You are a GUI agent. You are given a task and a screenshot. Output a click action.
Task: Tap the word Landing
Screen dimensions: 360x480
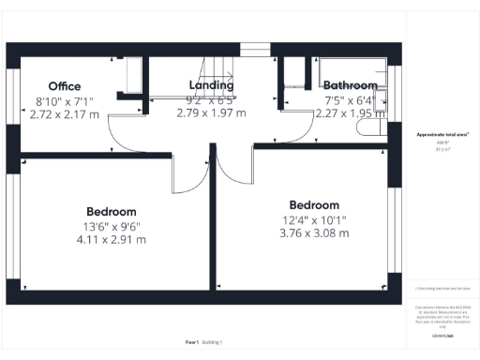(x=211, y=86)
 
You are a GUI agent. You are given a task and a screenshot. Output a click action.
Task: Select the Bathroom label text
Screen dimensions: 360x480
(x=350, y=86)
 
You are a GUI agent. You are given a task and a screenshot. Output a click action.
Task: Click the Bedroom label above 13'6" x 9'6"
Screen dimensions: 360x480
(x=112, y=212)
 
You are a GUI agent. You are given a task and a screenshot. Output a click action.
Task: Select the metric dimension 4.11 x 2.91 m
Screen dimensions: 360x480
(x=112, y=239)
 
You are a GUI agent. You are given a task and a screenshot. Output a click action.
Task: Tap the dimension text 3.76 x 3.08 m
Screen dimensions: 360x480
(x=314, y=233)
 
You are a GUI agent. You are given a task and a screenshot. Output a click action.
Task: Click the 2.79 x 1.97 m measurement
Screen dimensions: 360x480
(x=211, y=113)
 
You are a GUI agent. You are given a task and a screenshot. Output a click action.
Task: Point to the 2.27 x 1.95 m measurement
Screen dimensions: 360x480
(x=350, y=113)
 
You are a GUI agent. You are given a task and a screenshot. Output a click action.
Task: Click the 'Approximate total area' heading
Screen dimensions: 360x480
(x=442, y=135)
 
